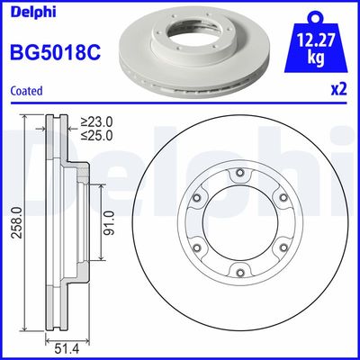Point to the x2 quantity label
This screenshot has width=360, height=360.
[x=338, y=90]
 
